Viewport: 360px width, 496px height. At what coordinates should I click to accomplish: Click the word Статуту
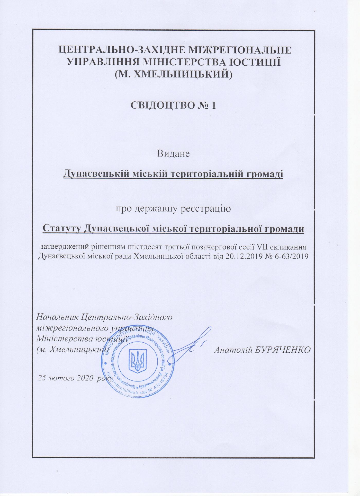click(x=61, y=228)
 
